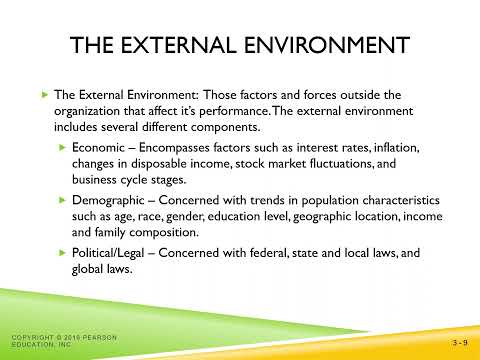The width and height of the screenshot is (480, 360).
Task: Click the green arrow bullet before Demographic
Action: (62, 200)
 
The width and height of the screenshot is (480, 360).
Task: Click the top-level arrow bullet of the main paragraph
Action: (45, 93)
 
